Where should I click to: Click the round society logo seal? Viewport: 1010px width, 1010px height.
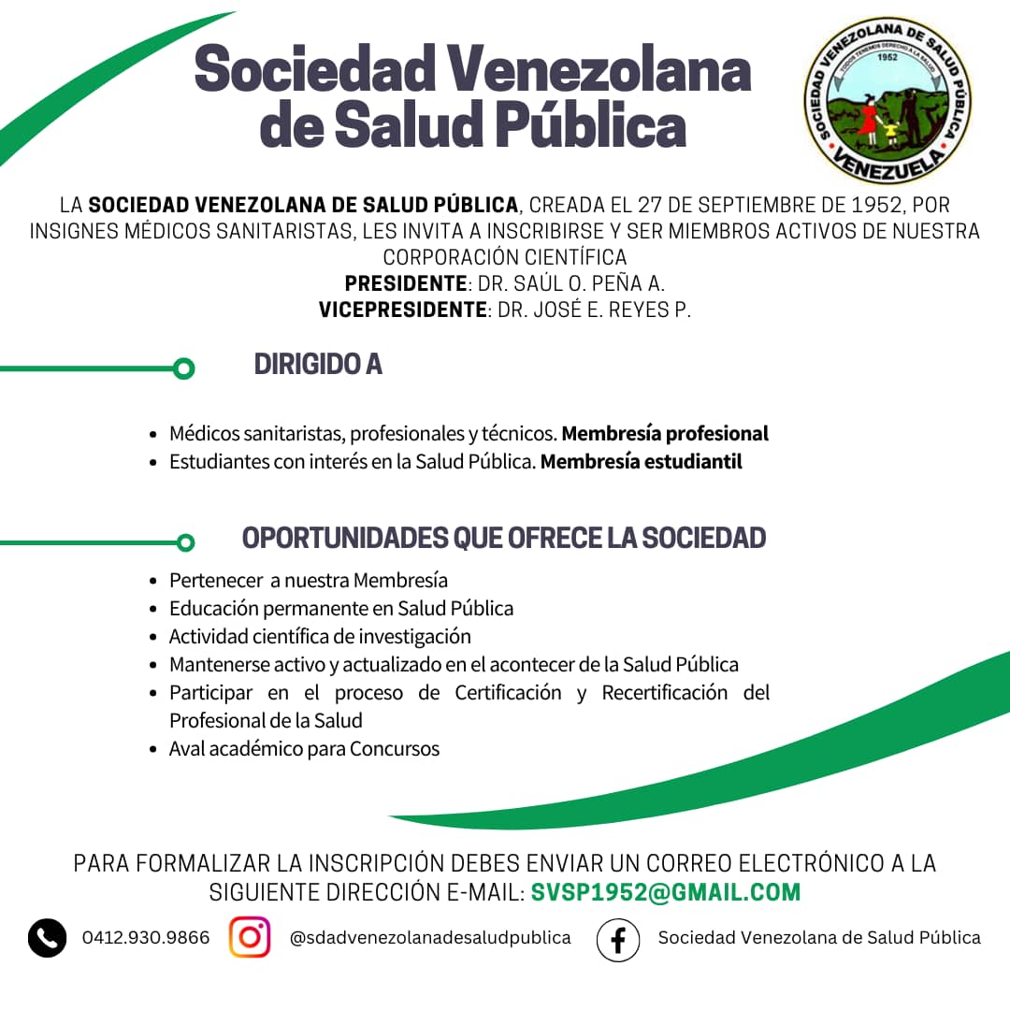[x=886, y=103]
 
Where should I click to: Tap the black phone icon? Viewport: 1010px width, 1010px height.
[x=47, y=938]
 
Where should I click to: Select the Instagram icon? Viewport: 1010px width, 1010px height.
[x=250, y=937]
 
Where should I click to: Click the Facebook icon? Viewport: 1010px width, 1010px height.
[x=618, y=939]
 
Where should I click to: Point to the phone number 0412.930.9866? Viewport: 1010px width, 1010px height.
[x=146, y=938]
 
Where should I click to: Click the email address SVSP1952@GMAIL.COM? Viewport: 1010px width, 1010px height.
[x=666, y=892]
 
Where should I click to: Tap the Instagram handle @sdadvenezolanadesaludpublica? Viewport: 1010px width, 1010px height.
[x=430, y=938]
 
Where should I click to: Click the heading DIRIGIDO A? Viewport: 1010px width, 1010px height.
[x=318, y=364]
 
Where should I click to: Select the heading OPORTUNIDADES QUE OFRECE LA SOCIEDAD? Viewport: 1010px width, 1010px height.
[x=504, y=538]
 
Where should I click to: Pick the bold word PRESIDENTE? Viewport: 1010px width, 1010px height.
[x=405, y=283]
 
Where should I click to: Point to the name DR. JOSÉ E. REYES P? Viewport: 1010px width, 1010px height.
[x=594, y=310]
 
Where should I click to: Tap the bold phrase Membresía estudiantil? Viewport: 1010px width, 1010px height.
[x=642, y=461]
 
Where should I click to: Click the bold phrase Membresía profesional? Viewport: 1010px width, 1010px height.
[x=665, y=434]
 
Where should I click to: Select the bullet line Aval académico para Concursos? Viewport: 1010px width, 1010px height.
[x=304, y=749]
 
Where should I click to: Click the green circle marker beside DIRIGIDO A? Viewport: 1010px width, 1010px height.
[x=184, y=368]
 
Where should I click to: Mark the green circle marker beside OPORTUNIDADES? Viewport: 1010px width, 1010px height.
[x=185, y=542]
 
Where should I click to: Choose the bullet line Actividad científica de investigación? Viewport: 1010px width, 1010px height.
[x=320, y=637]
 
